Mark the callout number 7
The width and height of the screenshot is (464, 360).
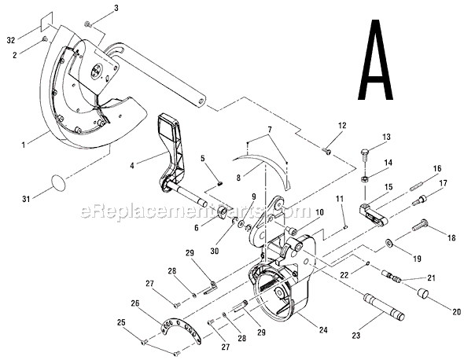click(x=268, y=129)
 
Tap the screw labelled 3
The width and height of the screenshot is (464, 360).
click(x=88, y=25)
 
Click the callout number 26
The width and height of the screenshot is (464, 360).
click(x=134, y=303)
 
